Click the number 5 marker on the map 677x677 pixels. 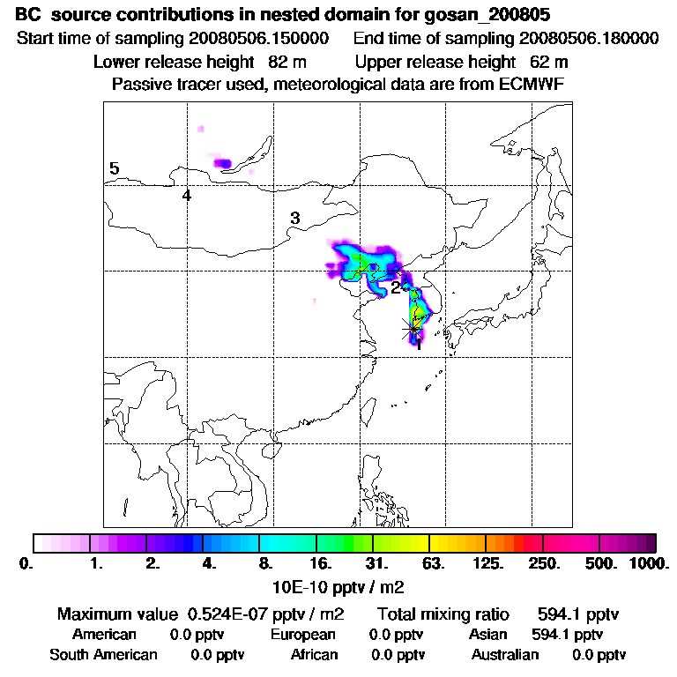[115, 169]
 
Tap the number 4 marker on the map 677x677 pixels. [187, 195]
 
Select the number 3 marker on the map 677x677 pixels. [295, 218]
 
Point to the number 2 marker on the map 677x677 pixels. [396, 286]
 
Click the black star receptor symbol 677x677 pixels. [412, 328]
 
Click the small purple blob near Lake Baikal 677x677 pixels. [222, 163]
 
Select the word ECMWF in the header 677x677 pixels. [532, 84]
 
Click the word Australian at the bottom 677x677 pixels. [505, 654]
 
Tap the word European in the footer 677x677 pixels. [303, 634]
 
